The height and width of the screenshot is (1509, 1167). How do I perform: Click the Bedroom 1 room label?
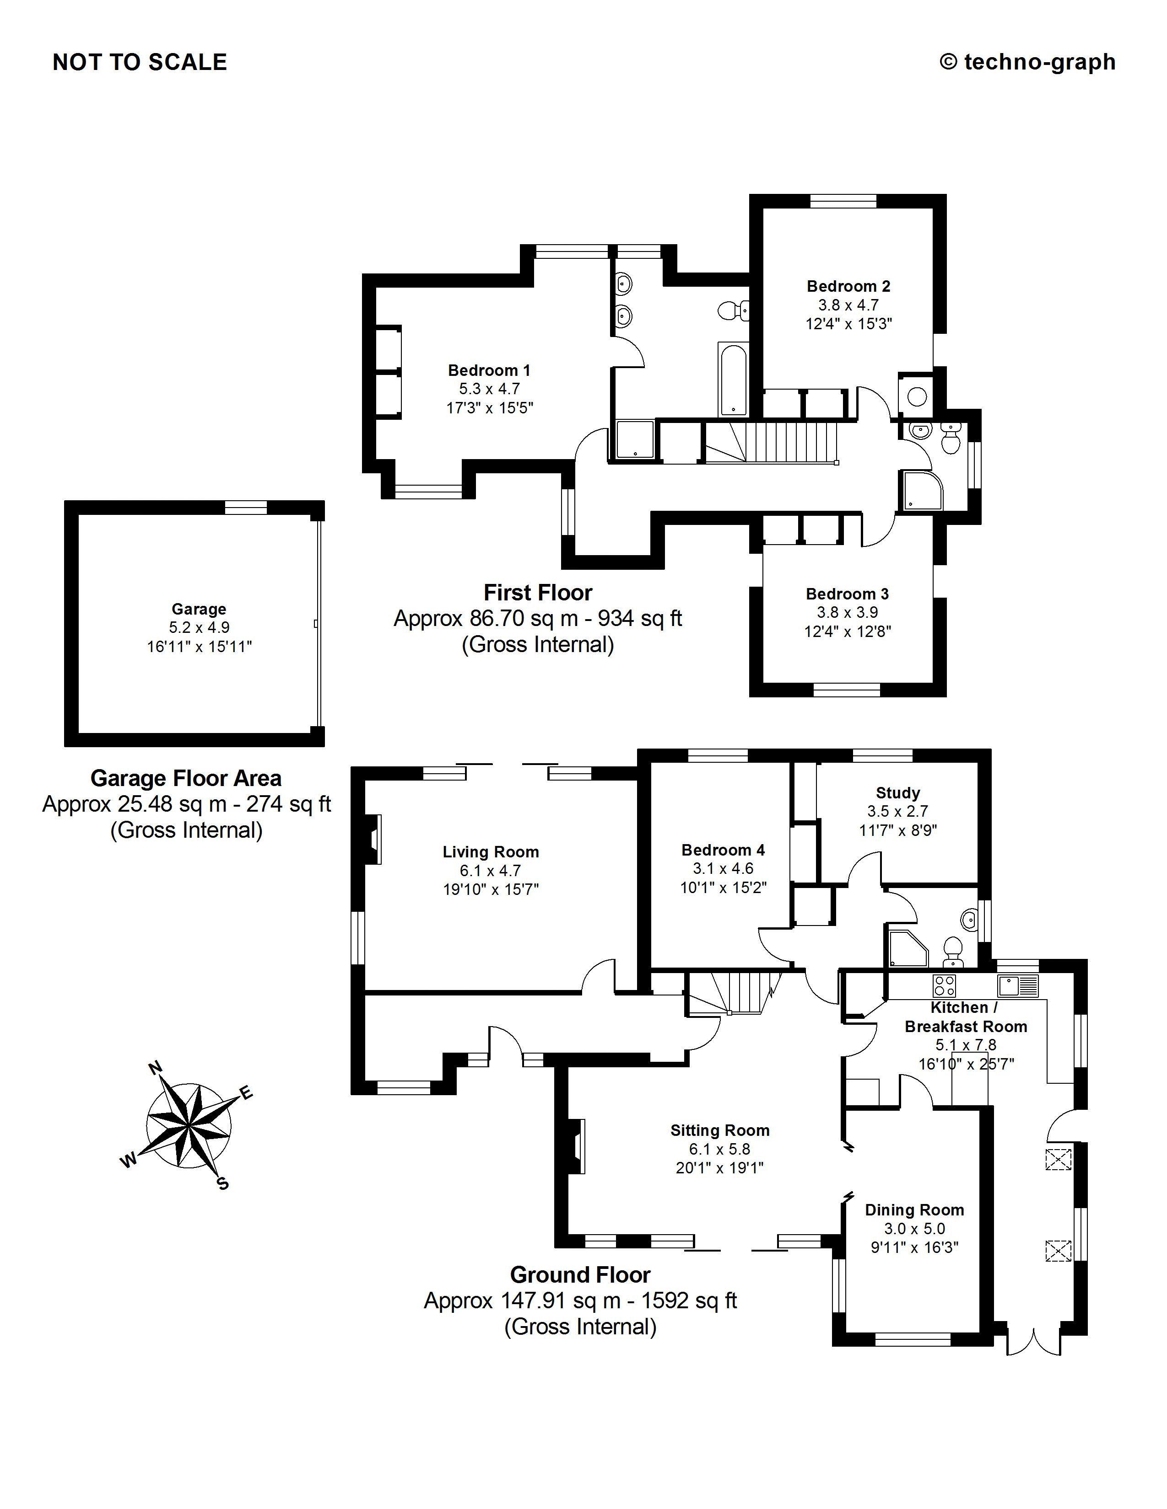tap(489, 370)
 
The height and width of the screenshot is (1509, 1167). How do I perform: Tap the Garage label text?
tap(199, 609)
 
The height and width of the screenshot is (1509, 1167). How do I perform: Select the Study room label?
tap(897, 792)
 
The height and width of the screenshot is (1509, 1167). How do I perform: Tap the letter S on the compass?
tap(222, 1183)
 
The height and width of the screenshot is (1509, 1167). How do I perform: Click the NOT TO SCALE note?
tap(140, 62)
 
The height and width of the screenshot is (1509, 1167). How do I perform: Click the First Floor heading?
tap(537, 592)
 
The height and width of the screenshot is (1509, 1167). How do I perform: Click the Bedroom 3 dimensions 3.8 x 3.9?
tap(848, 612)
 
